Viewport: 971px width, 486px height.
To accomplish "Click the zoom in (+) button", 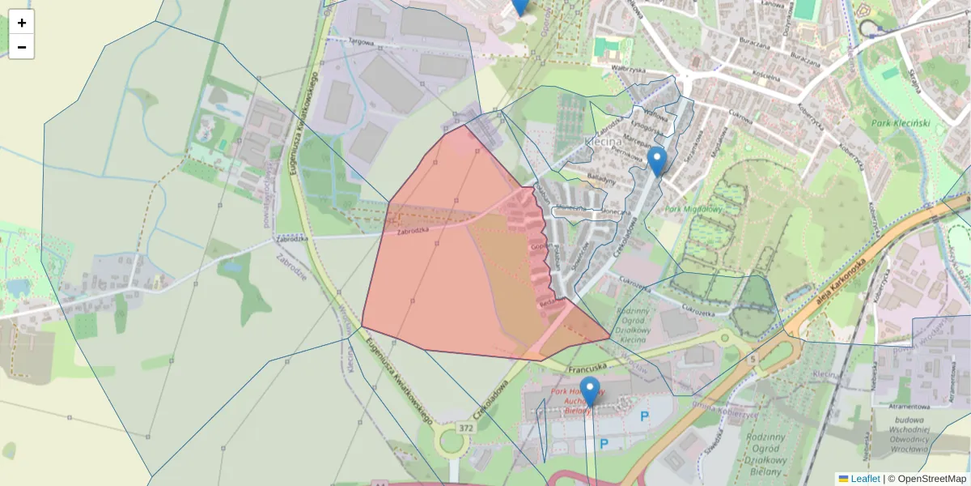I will (21, 23).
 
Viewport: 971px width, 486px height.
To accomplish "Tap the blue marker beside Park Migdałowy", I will (657, 161).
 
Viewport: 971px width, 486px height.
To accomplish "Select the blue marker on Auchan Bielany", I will (590, 391).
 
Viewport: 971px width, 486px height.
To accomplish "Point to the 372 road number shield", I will (465, 428).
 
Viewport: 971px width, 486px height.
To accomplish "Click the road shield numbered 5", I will (753, 358).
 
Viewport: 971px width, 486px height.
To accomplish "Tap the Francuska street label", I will (587, 368).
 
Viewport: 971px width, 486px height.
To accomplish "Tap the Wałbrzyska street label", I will (631, 69).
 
